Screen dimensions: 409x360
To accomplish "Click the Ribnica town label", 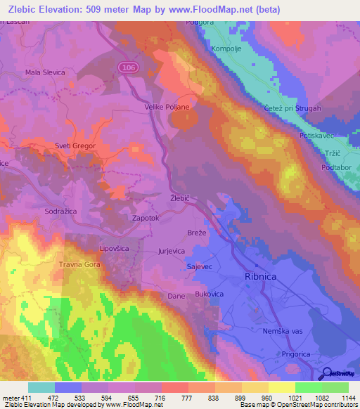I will point(260,276).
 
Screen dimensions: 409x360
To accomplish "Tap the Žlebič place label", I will point(181,199).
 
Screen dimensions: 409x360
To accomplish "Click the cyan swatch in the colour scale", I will point(41,387).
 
